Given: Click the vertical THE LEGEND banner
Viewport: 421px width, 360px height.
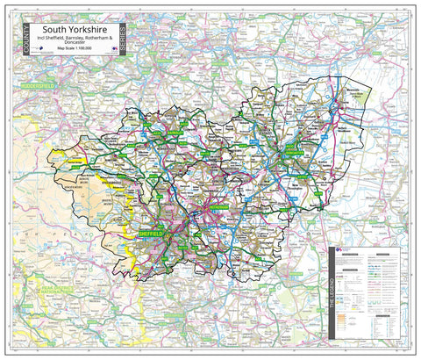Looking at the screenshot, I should pyautogui.click(x=332, y=294).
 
